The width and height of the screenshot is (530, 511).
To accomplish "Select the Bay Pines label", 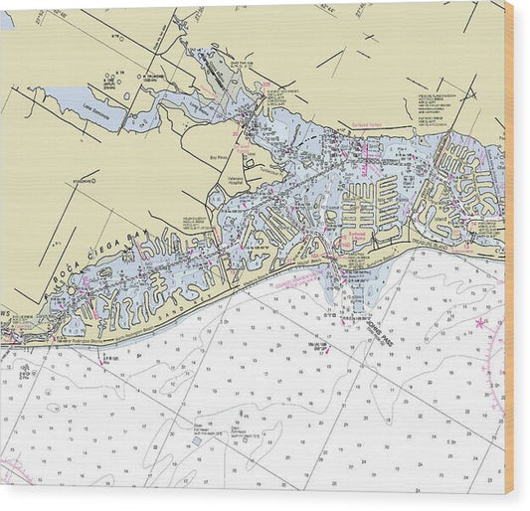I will click(220, 156).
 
